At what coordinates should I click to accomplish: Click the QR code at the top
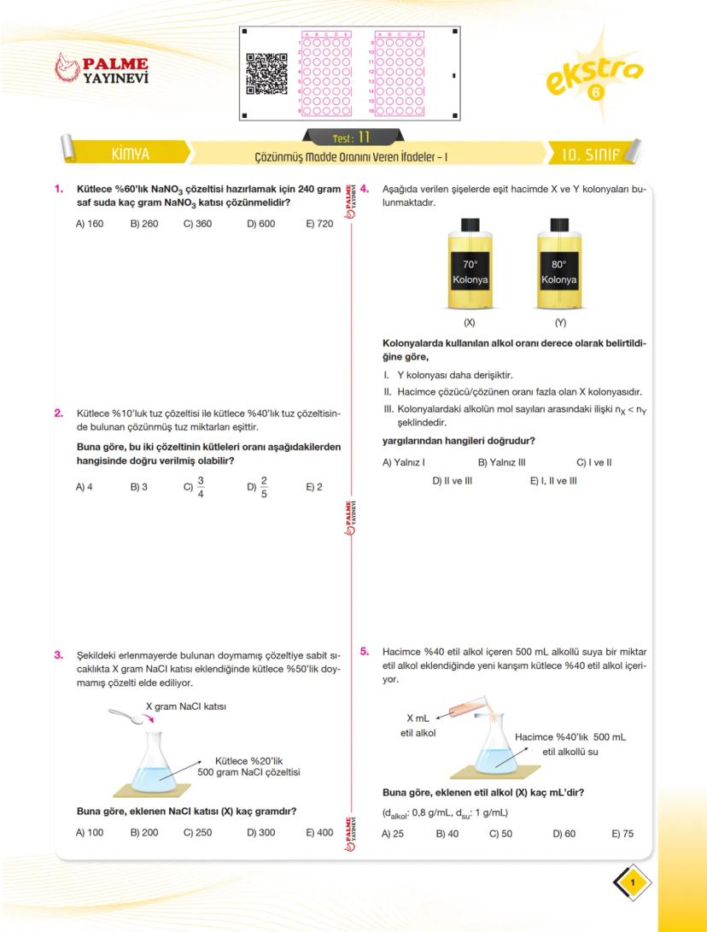tap(266, 73)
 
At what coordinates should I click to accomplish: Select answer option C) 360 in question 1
tap(197, 224)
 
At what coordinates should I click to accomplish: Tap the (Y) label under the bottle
tap(560, 323)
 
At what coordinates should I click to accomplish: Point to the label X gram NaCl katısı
tap(186, 706)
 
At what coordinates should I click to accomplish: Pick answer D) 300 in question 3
tap(260, 832)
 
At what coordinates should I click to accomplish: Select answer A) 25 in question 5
tap(393, 833)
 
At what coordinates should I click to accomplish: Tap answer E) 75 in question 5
tap(622, 833)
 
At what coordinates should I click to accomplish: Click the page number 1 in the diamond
tap(632, 882)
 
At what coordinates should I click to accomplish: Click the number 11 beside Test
tap(364, 137)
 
